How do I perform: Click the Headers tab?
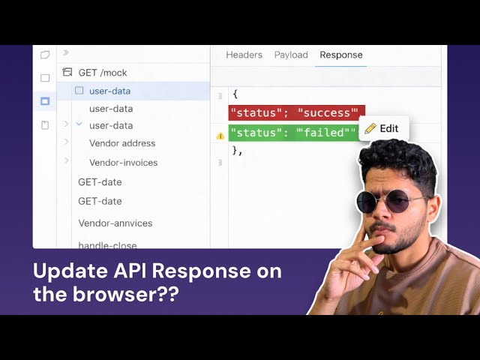click(244, 55)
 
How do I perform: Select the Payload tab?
click(291, 55)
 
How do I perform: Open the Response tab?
click(340, 55)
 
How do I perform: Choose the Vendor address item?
click(122, 143)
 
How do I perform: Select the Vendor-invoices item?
click(123, 162)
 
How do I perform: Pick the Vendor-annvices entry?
click(115, 223)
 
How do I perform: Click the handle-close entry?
click(107, 244)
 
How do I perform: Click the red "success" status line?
click(295, 113)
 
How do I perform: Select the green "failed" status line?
click(292, 133)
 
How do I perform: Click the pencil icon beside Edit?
click(370, 128)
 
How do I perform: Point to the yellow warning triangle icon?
click(220, 136)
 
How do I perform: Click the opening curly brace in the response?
click(235, 94)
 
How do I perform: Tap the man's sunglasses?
click(391, 200)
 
